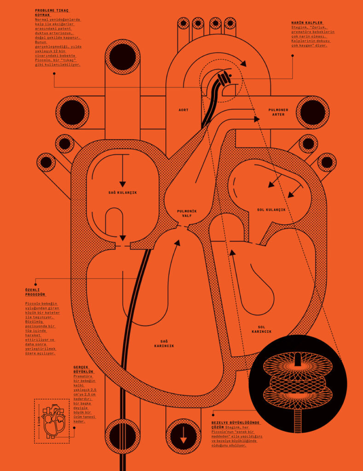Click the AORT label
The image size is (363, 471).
[183, 110]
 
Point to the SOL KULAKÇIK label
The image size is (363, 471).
[271, 210]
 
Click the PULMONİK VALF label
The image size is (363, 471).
[187, 213]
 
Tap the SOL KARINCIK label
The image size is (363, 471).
[261, 329]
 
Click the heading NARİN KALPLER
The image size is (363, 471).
[307, 23]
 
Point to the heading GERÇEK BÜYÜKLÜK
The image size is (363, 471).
[83, 369]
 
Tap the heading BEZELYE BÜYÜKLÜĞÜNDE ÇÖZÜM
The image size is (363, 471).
[236, 425]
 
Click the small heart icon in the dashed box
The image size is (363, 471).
[52, 420]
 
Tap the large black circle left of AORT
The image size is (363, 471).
[72, 112]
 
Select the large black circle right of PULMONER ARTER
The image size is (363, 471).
[312, 112]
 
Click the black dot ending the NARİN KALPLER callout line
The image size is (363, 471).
[292, 56]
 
